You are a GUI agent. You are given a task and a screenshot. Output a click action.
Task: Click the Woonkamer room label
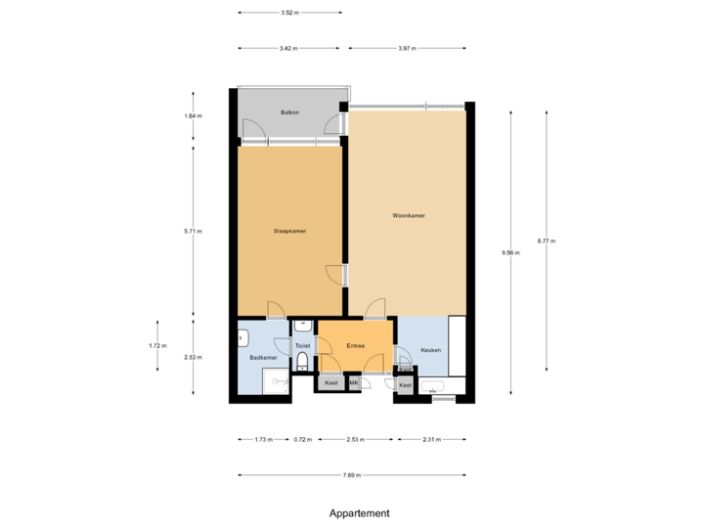click(409, 215)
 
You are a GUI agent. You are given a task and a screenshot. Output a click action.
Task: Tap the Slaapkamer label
click(289, 231)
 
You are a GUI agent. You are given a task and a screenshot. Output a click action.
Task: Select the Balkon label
click(289, 113)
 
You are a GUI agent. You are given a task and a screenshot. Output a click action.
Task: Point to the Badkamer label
click(263, 358)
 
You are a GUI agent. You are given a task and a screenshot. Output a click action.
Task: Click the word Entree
click(355, 345)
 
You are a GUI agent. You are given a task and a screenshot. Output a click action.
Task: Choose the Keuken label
click(430, 350)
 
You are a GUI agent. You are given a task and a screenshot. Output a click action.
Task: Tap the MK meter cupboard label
click(352, 383)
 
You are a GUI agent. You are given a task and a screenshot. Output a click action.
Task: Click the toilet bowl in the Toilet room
click(302, 363)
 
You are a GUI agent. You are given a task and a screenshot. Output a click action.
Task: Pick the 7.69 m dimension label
click(352, 475)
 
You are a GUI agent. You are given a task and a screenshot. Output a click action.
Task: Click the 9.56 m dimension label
click(510, 252)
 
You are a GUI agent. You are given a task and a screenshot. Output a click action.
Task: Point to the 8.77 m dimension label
click(546, 241)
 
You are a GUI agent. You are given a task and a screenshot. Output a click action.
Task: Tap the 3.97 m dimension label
click(407, 48)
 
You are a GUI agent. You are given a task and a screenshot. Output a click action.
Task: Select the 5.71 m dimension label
click(193, 231)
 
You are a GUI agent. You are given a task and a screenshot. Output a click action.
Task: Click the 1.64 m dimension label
click(193, 116)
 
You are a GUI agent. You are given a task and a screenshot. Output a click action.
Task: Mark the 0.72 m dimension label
click(303, 440)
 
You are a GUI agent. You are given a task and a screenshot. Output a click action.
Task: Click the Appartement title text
click(360, 512)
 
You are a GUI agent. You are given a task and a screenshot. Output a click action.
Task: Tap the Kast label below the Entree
click(331, 383)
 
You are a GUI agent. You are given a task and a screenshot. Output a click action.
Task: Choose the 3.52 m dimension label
click(289, 14)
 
